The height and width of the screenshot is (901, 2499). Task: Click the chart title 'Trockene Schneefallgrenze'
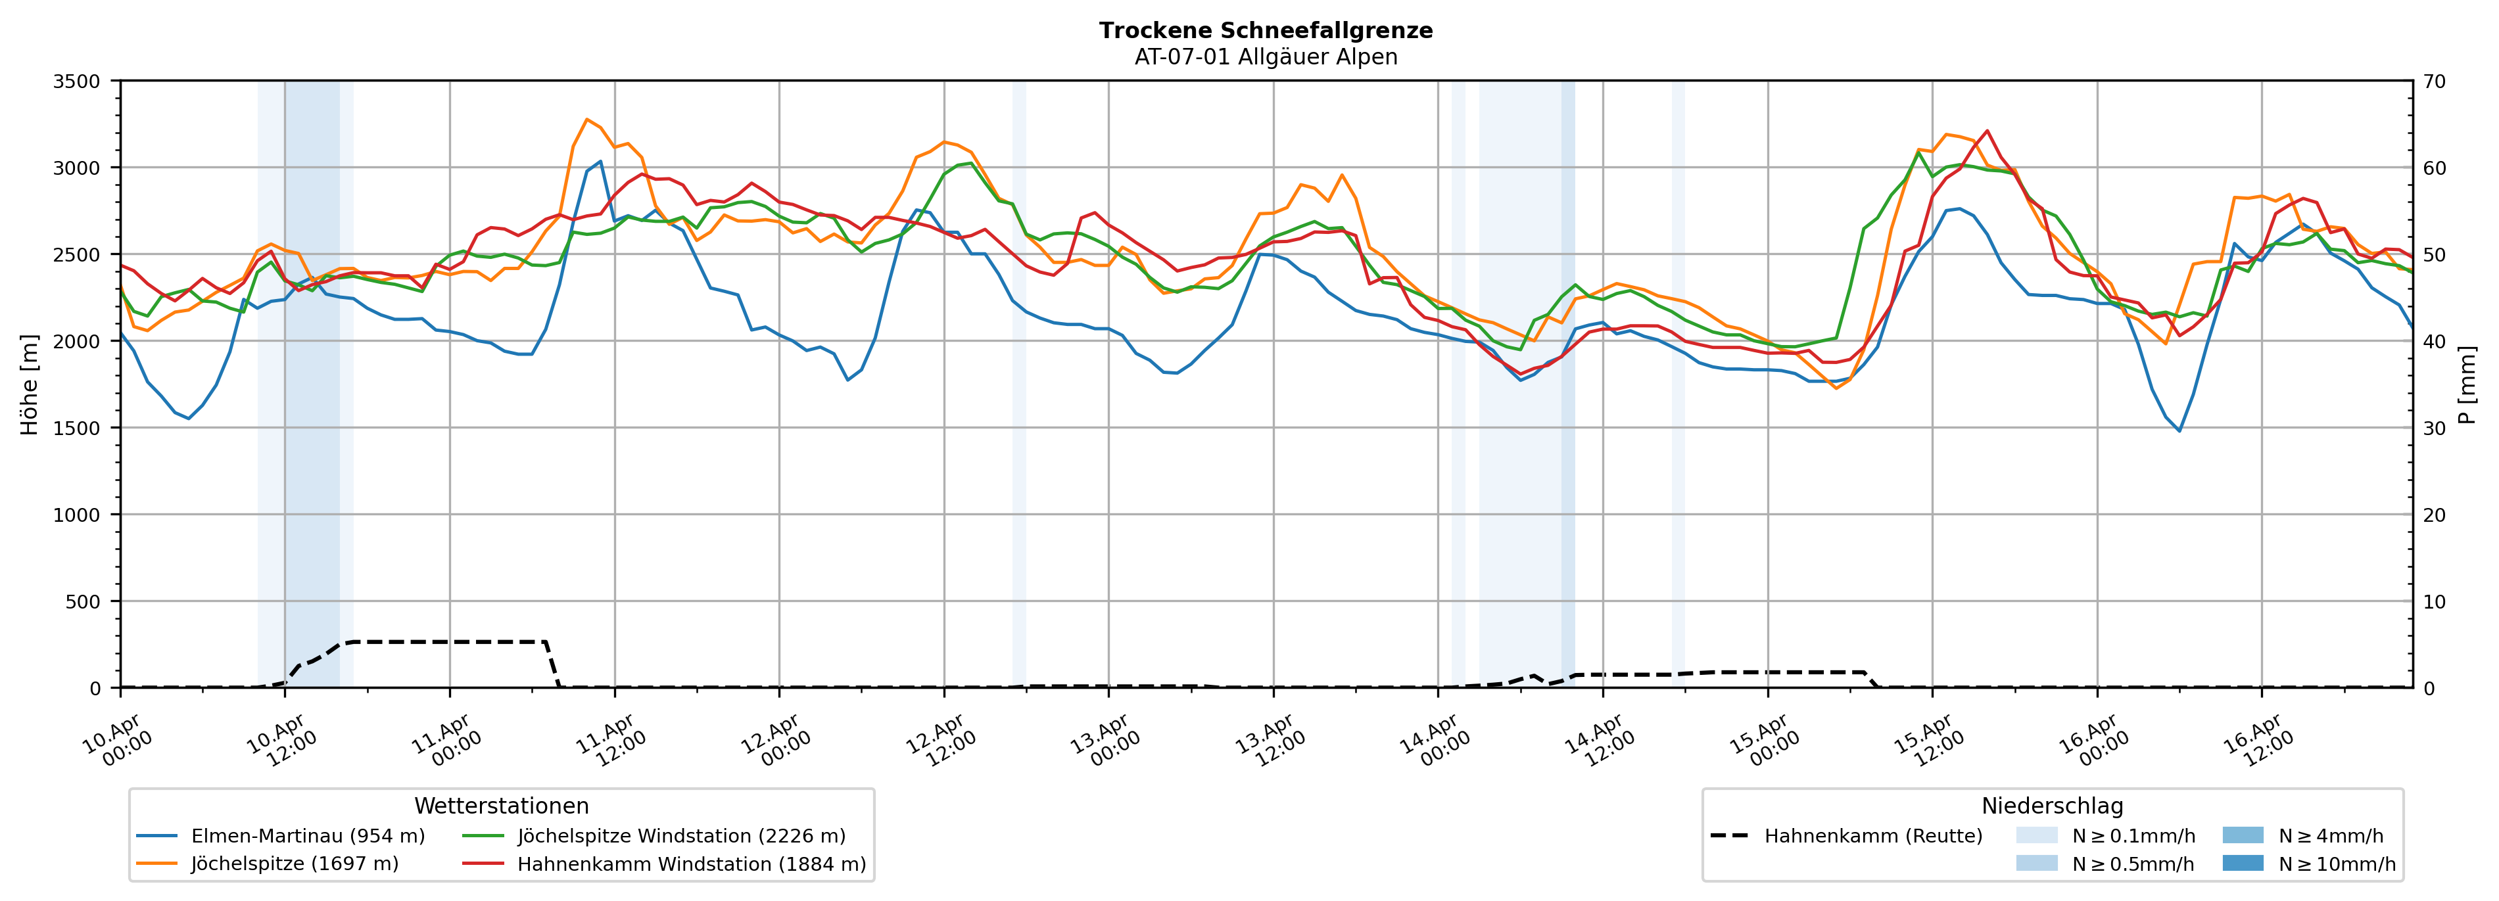tap(1265, 30)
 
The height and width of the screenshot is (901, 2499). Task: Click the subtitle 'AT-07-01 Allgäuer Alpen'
tap(1265, 57)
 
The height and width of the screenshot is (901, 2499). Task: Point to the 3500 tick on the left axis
tap(77, 81)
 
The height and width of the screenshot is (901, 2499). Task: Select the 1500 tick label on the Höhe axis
tap(77, 428)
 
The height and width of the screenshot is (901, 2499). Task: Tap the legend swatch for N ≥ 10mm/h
tap(2242, 863)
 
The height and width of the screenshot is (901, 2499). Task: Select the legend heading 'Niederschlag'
tap(2052, 806)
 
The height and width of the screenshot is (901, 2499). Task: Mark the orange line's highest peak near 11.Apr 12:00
tap(587, 120)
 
